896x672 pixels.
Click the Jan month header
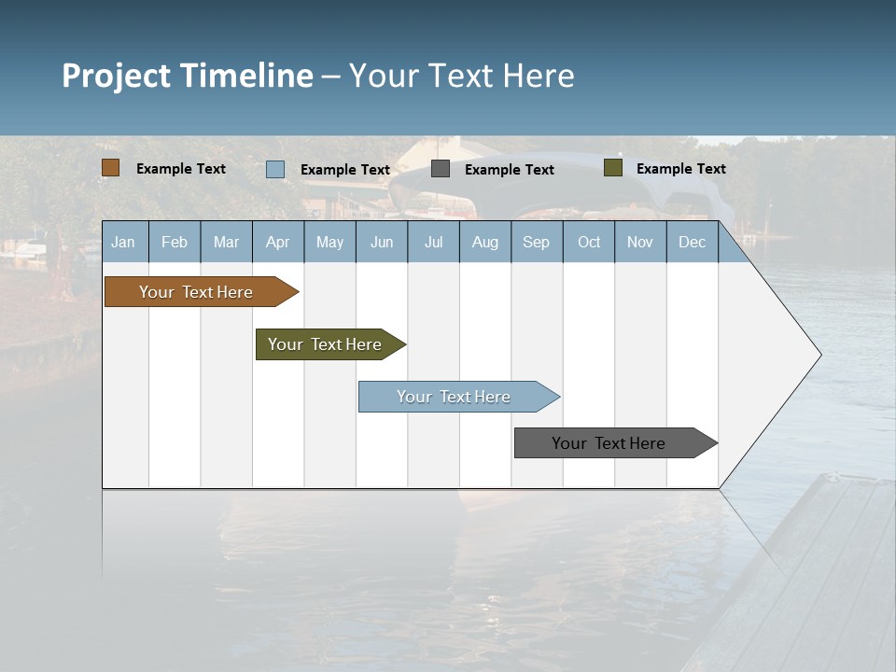point(123,242)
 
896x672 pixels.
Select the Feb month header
point(175,242)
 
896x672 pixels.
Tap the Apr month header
point(277,242)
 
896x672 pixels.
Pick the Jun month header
point(382,242)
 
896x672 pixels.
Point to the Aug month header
point(485,242)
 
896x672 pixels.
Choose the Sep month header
point(537,242)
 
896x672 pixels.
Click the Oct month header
point(589,242)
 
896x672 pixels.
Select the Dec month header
point(693,242)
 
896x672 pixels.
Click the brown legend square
point(111,168)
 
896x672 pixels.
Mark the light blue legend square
point(275,169)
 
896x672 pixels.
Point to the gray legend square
point(441,169)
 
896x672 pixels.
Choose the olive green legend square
point(613,168)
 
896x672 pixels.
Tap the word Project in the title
point(115,75)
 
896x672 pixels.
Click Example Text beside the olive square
point(680,169)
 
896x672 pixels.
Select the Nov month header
point(640,242)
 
